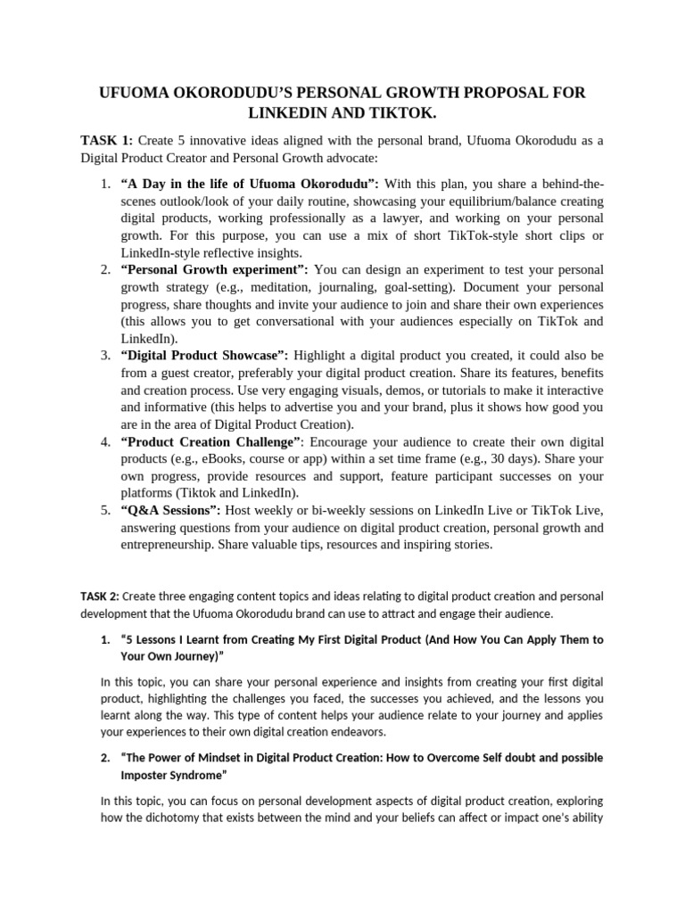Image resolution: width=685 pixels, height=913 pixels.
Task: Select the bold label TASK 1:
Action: [106, 140]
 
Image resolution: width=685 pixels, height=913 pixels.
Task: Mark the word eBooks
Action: [226, 458]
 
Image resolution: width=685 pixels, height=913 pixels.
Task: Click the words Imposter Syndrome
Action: [166, 775]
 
